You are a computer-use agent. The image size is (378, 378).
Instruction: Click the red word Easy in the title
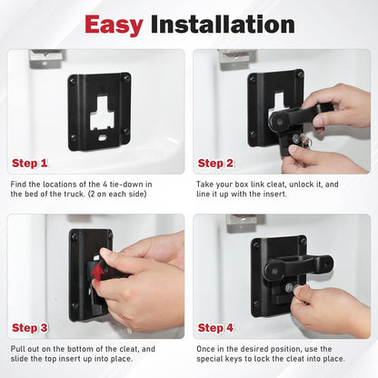[114, 25]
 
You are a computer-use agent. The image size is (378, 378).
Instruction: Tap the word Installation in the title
[223, 25]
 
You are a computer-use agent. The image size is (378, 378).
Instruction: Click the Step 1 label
[30, 164]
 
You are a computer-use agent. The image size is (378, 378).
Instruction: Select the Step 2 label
[215, 164]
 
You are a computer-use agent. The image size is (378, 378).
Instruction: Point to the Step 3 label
[30, 328]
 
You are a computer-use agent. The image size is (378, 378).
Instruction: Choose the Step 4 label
[215, 328]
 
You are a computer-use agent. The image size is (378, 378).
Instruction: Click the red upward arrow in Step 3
[97, 274]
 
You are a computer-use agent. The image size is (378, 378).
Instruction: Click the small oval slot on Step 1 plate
[103, 138]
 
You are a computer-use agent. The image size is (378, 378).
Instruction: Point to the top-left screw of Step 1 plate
[73, 81]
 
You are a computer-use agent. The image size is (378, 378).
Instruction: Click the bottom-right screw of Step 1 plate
[126, 132]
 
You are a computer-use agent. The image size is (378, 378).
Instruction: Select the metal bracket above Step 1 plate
[47, 58]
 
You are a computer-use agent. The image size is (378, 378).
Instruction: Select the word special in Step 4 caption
[210, 359]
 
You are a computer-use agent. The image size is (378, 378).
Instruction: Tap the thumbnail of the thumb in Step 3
[105, 252]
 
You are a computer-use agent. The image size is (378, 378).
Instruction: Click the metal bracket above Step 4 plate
[246, 224]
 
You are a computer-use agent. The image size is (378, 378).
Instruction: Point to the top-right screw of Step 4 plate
[303, 242]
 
